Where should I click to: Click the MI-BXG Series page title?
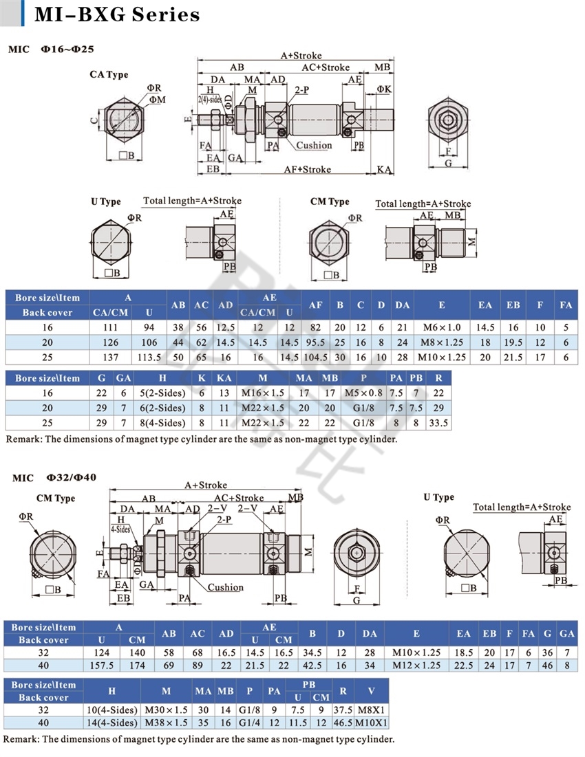click(x=117, y=14)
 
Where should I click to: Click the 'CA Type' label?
click(x=109, y=74)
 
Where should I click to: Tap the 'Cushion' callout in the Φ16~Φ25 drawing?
click(x=314, y=145)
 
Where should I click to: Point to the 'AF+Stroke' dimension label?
click(x=307, y=169)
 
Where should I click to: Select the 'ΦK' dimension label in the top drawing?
click(x=384, y=89)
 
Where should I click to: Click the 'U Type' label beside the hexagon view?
click(x=106, y=201)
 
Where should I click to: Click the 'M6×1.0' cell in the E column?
click(x=442, y=327)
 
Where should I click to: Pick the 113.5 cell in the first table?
click(x=149, y=358)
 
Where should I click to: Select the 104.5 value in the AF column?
click(x=315, y=358)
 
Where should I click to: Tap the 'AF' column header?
click(x=315, y=305)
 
